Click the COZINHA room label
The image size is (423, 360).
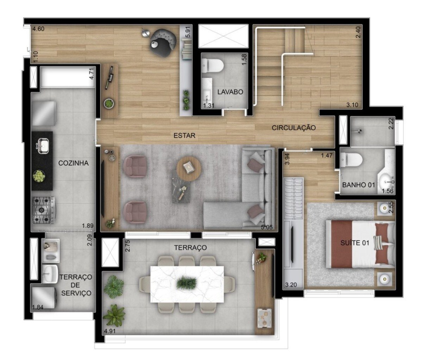tap(74, 163)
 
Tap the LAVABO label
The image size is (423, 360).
tap(230, 92)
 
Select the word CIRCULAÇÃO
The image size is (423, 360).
tap(293, 128)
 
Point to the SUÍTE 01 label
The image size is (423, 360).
tap(355, 243)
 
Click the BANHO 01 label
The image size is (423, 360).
tap(359, 185)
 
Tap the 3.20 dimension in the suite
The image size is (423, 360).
tap(290, 284)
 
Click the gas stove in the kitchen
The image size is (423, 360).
tap(43, 210)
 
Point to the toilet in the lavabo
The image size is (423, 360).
tap(214, 66)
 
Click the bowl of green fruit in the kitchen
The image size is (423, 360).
tap(39, 176)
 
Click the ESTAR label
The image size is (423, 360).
tap(184, 135)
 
